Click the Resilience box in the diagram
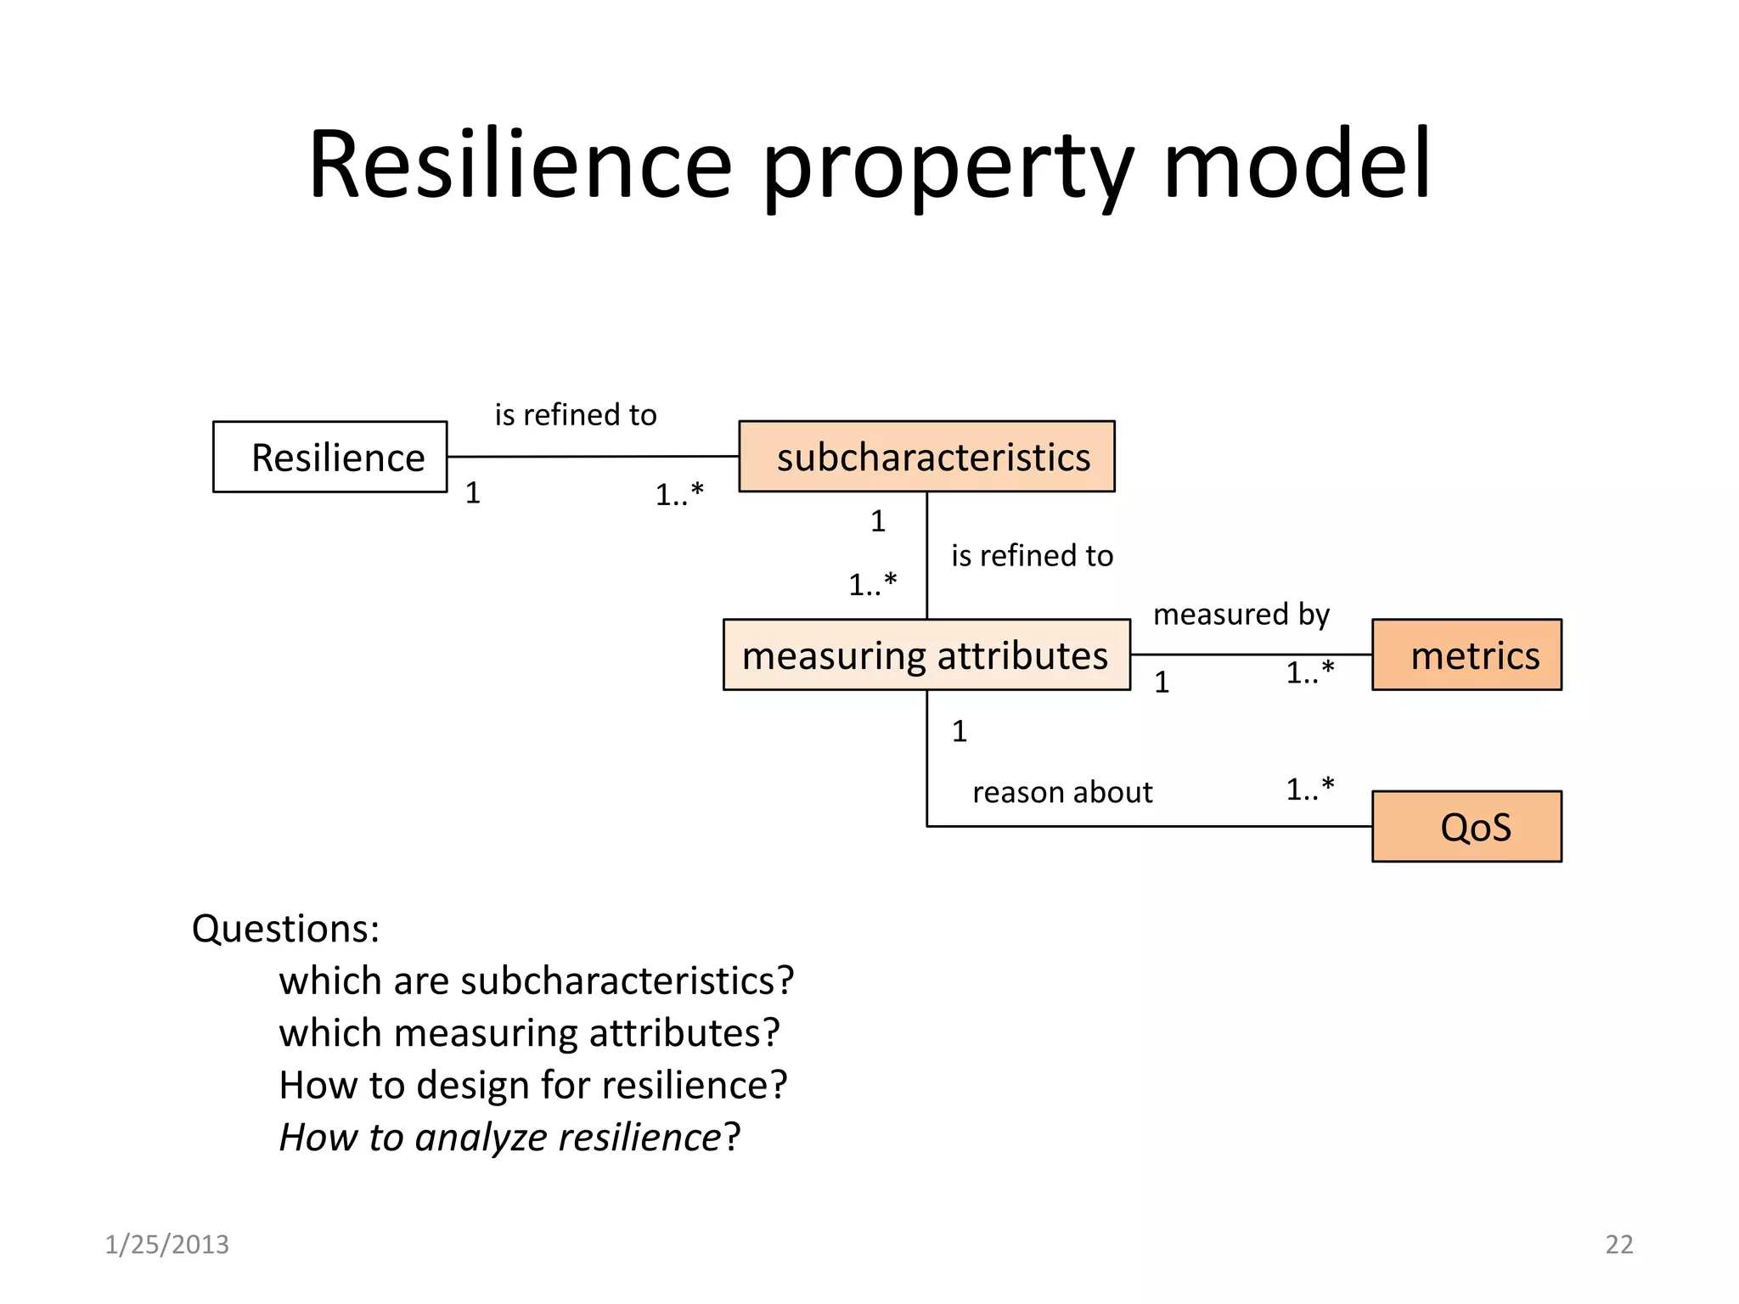pos(329,457)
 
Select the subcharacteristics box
pos(926,457)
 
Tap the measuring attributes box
pos(926,655)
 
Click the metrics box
pos(1466,655)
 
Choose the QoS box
pos(1466,826)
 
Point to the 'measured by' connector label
pos(1241,614)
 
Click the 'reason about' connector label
pos(1061,792)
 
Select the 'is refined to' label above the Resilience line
pos(576,414)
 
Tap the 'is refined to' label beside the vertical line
pos(1032,555)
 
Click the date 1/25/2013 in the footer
pos(166,1245)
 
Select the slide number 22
pos(1618,1245)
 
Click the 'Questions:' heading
pos(285,929)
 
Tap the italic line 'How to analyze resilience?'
pos(509,1138)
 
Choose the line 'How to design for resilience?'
pos(533,1085)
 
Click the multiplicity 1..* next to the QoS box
pos(1309,790)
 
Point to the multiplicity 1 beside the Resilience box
pos(473,492)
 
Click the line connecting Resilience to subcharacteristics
pos(593,457)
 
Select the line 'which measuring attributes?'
pos(529,1033)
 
